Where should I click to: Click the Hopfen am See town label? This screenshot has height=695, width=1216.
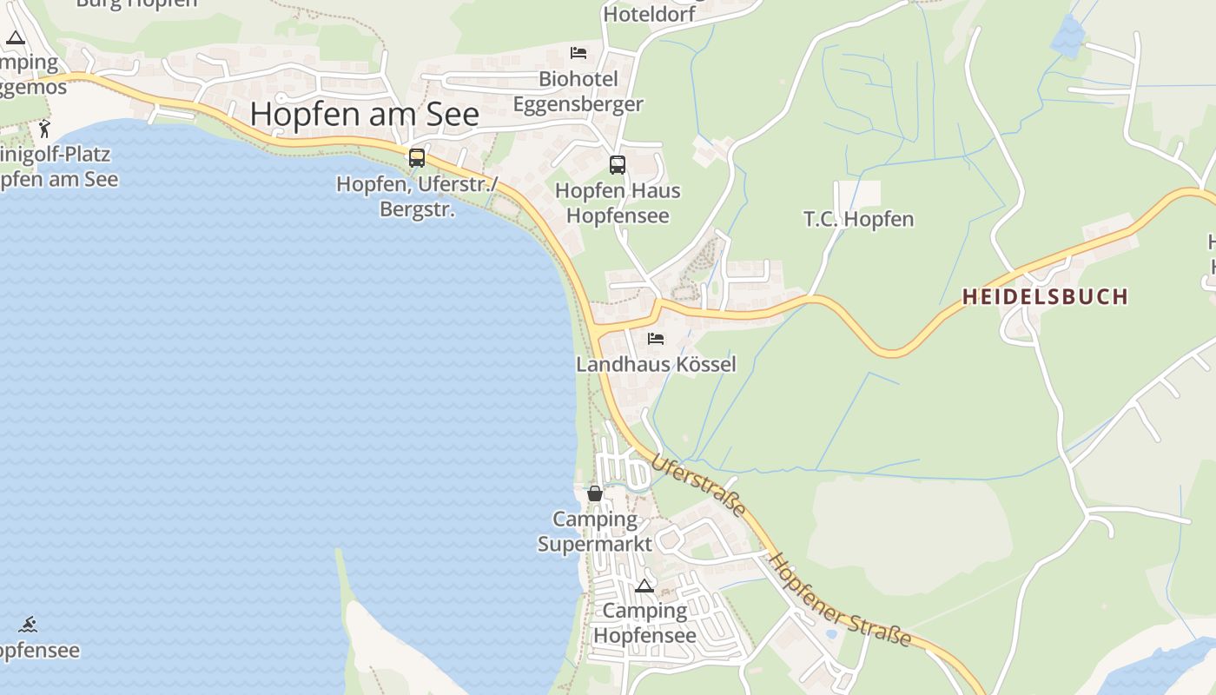point(365,114)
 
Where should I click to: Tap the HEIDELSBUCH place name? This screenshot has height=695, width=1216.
point(1045,296)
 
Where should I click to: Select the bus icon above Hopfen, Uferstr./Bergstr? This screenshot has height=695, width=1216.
point(417,157)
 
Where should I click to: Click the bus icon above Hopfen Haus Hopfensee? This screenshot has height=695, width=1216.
point(618,164)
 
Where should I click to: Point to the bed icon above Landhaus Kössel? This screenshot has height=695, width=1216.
point(656,338)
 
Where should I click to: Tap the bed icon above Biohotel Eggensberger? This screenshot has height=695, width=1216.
point(578,53)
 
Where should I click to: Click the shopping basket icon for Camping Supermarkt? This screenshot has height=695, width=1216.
point(595,493)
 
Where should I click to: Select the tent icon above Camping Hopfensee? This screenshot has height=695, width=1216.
point(644,586)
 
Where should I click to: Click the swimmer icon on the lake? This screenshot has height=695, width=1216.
point(29,625)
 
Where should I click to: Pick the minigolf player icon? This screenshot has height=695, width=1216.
point(44,129)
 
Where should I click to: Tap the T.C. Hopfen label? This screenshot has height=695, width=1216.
point(859,219)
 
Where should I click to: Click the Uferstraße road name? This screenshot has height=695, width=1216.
point(698,486)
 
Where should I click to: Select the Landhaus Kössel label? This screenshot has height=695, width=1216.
point(656,364)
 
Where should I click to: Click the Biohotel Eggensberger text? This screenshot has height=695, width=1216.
point(578,91)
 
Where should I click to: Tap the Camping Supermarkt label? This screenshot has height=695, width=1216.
point(595,532)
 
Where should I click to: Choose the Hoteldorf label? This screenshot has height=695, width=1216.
point(649,14)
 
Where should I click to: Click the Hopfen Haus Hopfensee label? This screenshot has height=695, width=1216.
point(618,202)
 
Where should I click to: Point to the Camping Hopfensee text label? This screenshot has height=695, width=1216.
point(644,623)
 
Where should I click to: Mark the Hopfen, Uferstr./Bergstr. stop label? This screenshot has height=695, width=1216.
point(417,197)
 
